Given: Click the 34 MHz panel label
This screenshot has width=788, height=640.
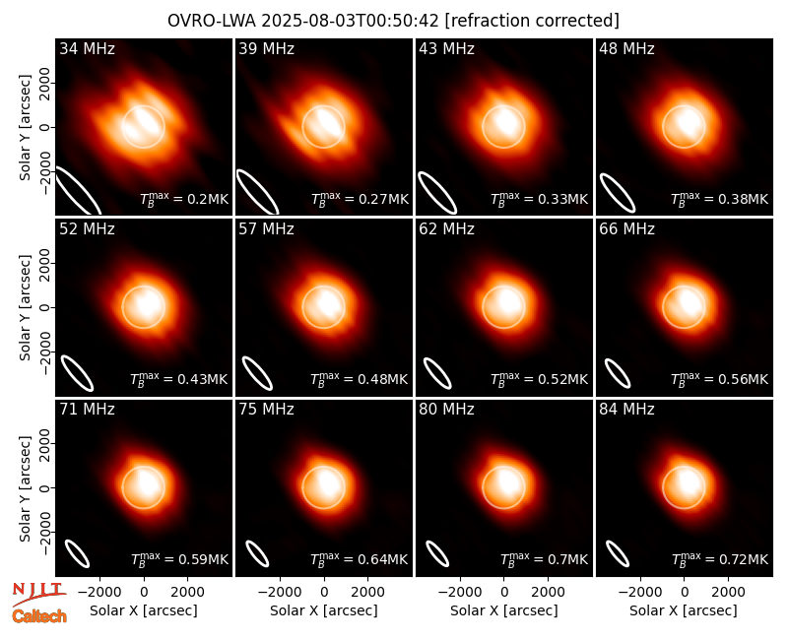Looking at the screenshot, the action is tap(87, 48).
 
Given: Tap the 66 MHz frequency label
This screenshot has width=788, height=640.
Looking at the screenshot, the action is tap(626, 229).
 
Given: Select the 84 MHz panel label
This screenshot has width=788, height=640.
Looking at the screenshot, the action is tap(626, 410).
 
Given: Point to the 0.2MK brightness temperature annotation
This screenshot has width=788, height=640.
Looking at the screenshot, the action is tap(184, 199).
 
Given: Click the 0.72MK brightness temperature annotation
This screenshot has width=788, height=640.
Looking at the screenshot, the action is tap(720, 558).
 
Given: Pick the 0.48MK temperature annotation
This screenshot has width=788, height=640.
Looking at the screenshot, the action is tap(360, 378).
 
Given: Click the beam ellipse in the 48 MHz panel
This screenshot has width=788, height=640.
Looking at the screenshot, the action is tap(618, 193).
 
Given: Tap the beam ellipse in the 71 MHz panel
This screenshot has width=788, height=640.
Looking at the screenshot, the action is tap(78, 553).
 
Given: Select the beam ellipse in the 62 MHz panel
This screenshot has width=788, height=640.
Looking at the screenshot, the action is tap(437, 373).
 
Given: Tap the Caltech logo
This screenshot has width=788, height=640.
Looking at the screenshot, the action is tap(39, 616).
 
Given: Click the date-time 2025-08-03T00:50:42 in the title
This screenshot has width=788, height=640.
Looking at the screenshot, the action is tap(350, 21).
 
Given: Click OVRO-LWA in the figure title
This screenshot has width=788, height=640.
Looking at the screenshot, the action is tap(212, 21).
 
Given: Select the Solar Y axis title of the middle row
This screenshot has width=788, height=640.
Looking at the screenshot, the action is tap(25, 307).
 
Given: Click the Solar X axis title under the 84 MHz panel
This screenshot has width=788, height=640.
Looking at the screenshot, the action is tap(684, 610).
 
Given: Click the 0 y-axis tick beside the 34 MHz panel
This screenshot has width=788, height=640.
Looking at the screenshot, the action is tap(45, 127).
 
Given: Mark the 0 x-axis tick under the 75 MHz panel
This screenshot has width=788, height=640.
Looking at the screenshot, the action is tap(324, 593).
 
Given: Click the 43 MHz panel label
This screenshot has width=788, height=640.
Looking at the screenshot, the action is tap(446, 48).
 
